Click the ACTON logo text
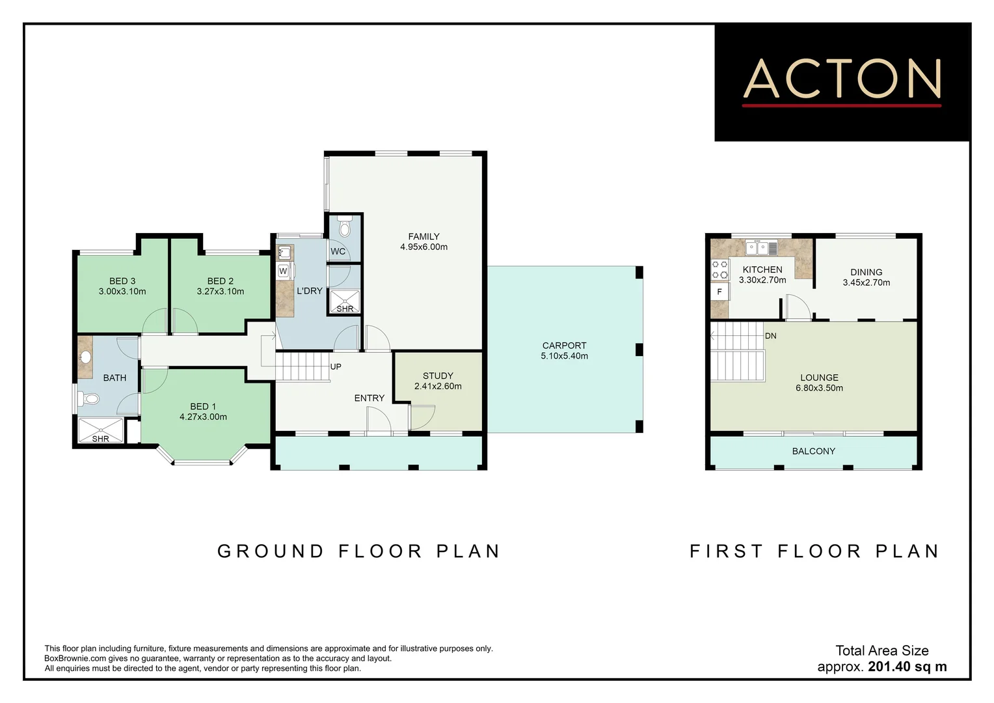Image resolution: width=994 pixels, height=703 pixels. (x=842, y=79)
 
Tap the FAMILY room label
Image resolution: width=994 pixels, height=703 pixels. (x=423, y=237)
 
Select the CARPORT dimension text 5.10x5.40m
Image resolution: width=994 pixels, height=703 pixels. (x=564, y=356)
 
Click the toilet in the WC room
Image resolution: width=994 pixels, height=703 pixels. (x=345, y=227)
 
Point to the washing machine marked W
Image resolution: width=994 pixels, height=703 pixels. (x=284, y=271)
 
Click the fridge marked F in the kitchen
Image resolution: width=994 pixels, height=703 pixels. (x=719, y=292)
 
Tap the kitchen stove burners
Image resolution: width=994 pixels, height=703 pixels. (x=719, y=269)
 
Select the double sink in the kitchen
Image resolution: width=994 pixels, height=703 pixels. (x=760, y=247)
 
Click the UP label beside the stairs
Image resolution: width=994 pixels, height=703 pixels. (x=336, y=366)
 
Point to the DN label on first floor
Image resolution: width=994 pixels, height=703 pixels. (x=770, y=336)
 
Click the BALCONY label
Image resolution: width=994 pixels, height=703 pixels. (x=813, y=451)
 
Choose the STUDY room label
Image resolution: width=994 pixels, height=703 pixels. (x=438, y=376)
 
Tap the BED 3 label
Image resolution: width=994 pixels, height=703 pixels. (x=122, y=281)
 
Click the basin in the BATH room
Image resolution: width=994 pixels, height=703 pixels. (x=85, y=357)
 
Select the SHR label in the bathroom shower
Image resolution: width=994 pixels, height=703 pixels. (x=101, y=439)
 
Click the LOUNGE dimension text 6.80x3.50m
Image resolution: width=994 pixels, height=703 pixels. (x=819, y=388)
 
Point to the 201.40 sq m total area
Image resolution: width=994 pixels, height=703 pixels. (x=907, y=667)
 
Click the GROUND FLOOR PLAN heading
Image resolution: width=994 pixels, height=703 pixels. (x=359, y=551)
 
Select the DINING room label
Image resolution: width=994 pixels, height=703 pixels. (x=866, y=272)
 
